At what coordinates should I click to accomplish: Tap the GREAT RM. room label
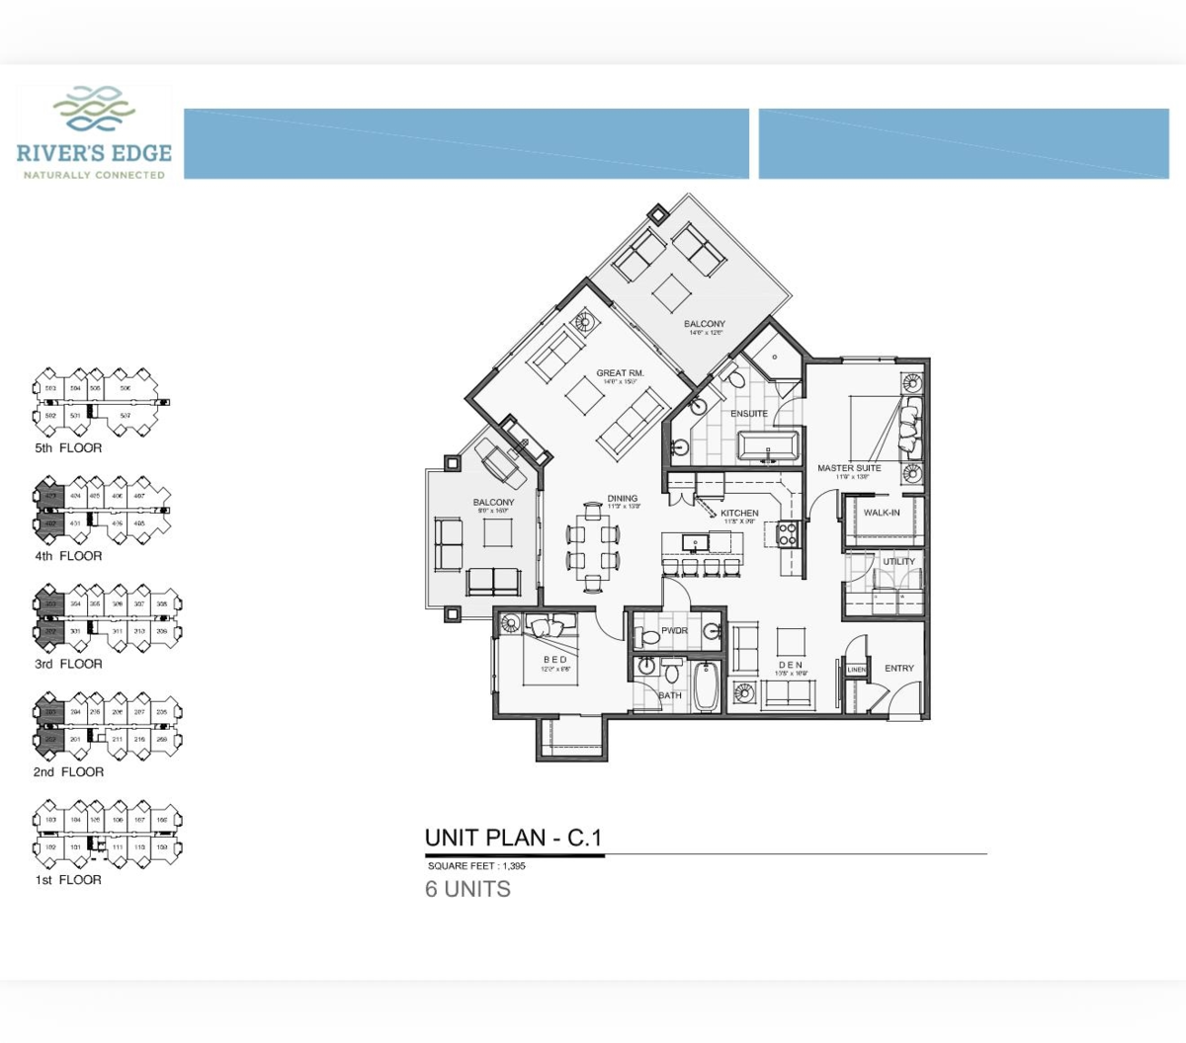(x=620, y=373)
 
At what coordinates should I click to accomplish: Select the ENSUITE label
(x=749, y=414)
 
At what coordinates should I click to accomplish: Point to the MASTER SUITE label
(x=849, y=468)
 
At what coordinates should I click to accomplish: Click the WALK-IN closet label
(x=882, y=513)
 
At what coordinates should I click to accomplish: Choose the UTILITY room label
(x=898, y=562)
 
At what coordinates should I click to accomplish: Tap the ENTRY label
(x=898, y=669)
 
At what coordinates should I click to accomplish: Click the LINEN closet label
(x=856, y=670)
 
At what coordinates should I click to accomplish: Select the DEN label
(x=790, y=665)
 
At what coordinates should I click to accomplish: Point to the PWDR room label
(x=674, y=631)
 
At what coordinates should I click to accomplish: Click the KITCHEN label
(x=739, y=514)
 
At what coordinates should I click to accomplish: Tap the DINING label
(x=623, y=499)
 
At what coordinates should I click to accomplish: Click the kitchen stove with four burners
(x=787, y=534)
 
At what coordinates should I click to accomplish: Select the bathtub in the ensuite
(x=770, y=446)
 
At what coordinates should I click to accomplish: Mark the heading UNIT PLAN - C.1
(x=513, y=839)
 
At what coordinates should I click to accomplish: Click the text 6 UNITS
(x=467, y=889)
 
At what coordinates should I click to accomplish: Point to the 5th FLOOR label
(x=68, y=447)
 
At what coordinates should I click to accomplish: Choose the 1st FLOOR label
(x=68, y=880)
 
